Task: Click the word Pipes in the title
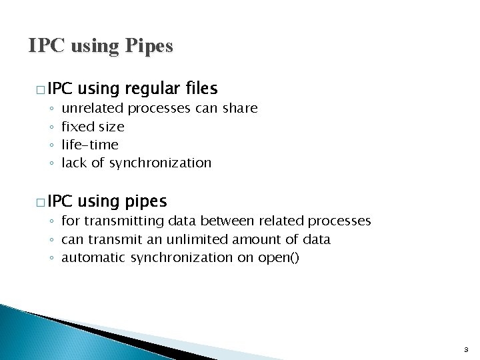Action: click(x=147, y=46)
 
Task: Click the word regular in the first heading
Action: click(x=148, y=89)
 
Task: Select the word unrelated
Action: click(x=92, y=108)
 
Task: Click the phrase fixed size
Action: click(x=93, y=126)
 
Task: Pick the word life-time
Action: click(x=89, y=144)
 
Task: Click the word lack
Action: click(x=73, y=163)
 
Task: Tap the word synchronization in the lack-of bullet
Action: click(x=160, y=163)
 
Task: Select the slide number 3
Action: click(x=465, y=349)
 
